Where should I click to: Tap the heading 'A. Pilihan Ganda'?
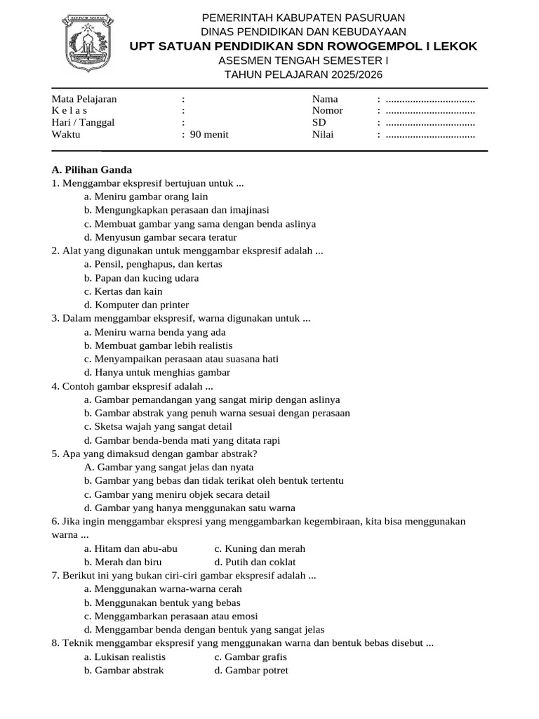point(92,170)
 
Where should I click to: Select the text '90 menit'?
point(209,134)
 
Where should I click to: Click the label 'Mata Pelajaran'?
point(84,99)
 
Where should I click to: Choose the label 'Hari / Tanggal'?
point(83,122)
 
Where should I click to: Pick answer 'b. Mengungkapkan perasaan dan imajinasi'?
point(176,210)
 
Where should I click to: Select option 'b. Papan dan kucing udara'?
point(141,278)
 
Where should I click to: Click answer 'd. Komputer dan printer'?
point(136,305)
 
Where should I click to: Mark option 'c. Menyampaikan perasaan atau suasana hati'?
point(181,359)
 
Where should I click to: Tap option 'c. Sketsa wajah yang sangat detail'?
point(158,426)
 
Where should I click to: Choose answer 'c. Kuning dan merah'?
point(260,548)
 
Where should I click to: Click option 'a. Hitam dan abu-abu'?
point(131,548)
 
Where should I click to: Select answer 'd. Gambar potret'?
point(251,670)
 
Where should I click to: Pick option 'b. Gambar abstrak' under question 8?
point(124,670)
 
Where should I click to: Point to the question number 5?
point(55,454)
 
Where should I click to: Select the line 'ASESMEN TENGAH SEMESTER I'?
point(303,60)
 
